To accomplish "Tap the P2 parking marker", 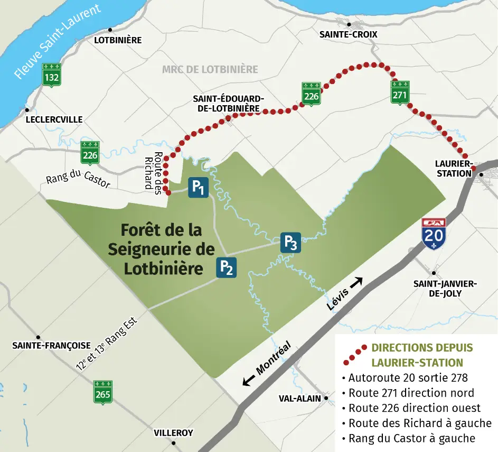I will tap(226, 268).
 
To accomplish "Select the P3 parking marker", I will tap(290, 242).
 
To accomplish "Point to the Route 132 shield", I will tap(52, 75).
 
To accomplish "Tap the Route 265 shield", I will tap(102, 392).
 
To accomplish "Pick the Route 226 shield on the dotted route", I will tap(312, 94).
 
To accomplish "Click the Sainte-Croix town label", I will tap(349, 34).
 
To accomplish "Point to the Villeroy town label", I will tap(173, 433).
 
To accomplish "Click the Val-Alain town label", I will tap(300, 398).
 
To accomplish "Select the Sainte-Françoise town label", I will tap(51, 345).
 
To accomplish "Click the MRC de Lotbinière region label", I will tap(210, 69).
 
